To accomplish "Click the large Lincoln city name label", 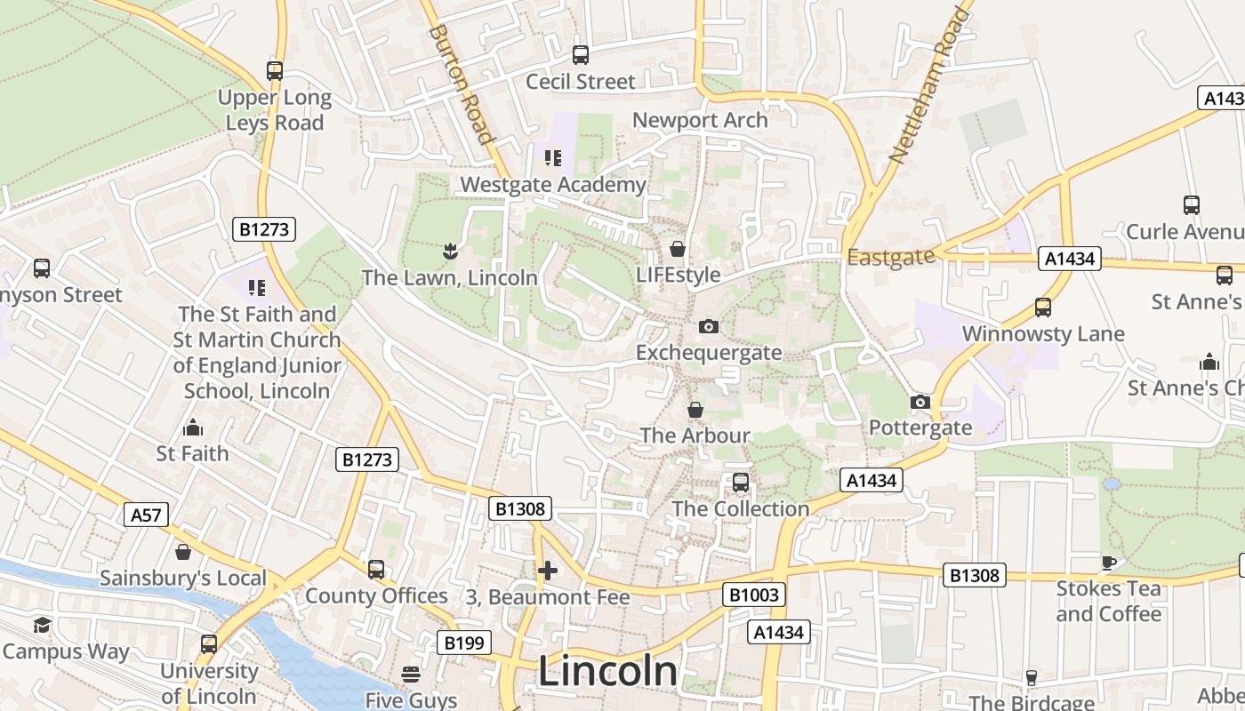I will click(x=607, y=671).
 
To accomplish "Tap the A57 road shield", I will click(x=147, y=515).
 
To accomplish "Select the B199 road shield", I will click(x=464, y=643).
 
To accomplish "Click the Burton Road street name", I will click(x=461, y=84).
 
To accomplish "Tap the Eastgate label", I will click(x=891, y=257).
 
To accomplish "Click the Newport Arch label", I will click(x=700, y=120).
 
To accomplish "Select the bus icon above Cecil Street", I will click(x=581, y=55).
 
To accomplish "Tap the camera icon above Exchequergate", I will click(x=709, y=326).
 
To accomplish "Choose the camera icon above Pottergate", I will click(x=920, y=402).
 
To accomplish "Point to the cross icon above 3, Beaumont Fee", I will click(x=548, y=570).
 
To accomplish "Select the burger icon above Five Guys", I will click(x=411, y=675).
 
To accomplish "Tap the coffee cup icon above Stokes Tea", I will click(x=1108, y=563).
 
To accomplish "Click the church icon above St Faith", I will click(x=193, y=427).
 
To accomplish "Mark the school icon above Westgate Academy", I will click(x=553, y=158).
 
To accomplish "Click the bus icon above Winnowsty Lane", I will click(x=1043, y=308).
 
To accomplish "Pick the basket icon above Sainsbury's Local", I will click(x=183, y=552).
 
